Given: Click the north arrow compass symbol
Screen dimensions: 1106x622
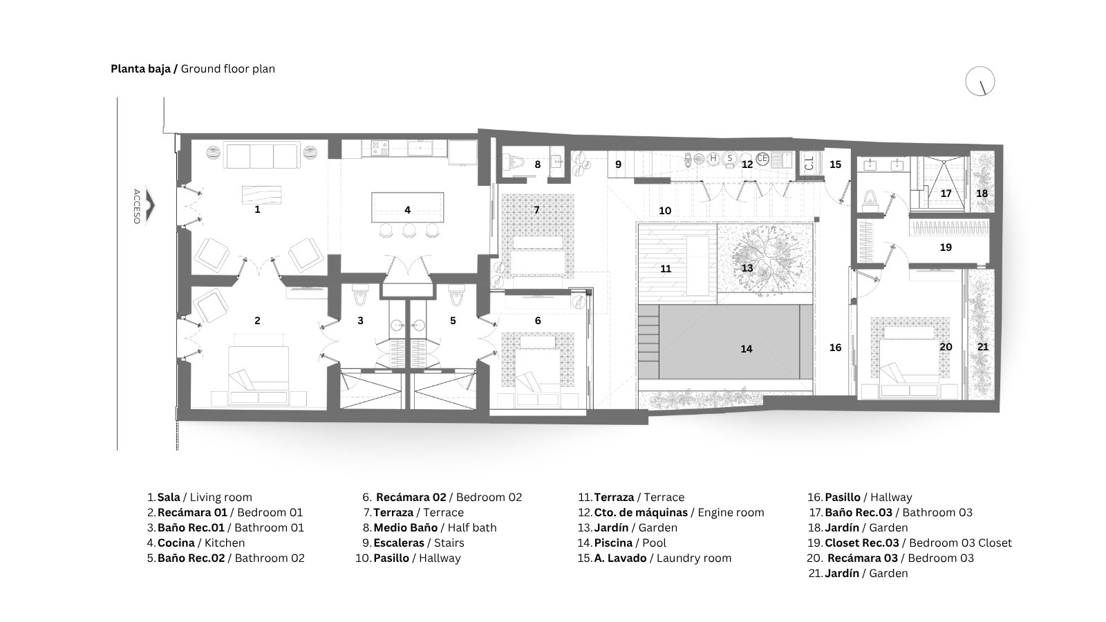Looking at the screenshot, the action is (x=980, y=82).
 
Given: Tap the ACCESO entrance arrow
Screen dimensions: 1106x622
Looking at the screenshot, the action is (x=150, y=206).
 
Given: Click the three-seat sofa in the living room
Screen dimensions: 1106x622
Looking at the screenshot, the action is (x=262, y=155).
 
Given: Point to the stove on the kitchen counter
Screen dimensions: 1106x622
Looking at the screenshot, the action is (x=379, y=148).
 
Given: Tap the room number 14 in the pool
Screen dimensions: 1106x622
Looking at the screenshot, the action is (x=746, y=349).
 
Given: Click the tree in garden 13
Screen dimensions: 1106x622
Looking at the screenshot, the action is (x=764, y=259).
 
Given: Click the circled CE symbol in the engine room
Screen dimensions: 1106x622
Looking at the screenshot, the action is (x=762, y=158).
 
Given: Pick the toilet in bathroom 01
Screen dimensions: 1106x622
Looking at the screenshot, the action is (x=360, y=295).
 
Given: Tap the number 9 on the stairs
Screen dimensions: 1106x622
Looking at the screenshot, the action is (x=618, y=164).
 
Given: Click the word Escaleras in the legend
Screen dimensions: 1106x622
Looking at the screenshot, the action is (x=398, y=543).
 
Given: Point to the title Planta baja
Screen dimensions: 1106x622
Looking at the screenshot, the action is (x=140, y=69).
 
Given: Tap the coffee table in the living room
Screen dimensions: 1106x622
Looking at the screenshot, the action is (x=262, y=194).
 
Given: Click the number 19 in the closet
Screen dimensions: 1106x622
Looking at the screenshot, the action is (x=946, y=247).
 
